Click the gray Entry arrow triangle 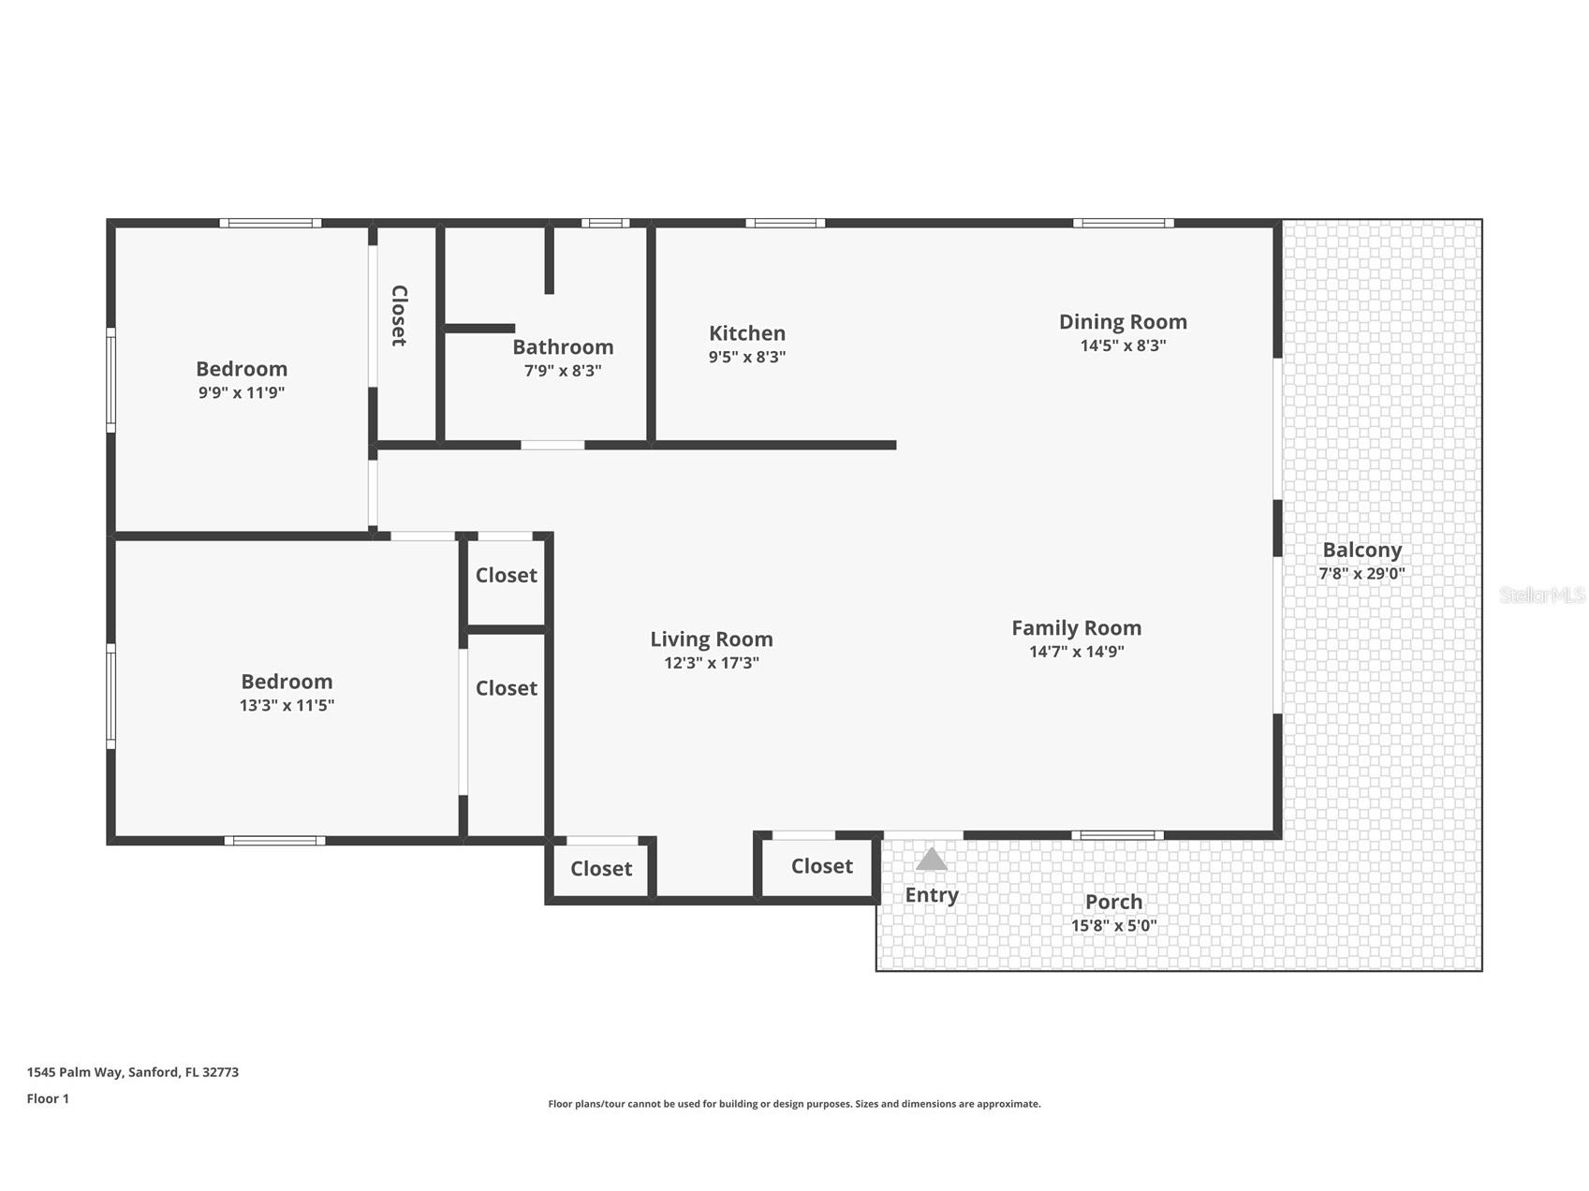point(931,860)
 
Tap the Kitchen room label point(747,333)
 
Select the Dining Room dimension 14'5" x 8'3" point(1123,346)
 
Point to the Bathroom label point(563,347)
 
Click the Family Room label point(1076,628)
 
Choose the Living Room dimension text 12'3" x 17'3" point(712,663)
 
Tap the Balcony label point(1361,551)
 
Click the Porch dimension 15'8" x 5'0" point(1113,926)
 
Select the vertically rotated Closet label point(399,316)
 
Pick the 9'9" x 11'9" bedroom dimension point(241,393)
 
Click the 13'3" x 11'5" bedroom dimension point(287,706)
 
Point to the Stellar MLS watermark point(1542,595)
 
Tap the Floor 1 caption point(48,1098)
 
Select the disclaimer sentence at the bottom point(794,1104)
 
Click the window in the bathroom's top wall point(605,223)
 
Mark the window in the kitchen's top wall point(786,223)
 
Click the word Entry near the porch point(932,895)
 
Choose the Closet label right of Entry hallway point(822,866)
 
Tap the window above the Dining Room point(1124,223)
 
